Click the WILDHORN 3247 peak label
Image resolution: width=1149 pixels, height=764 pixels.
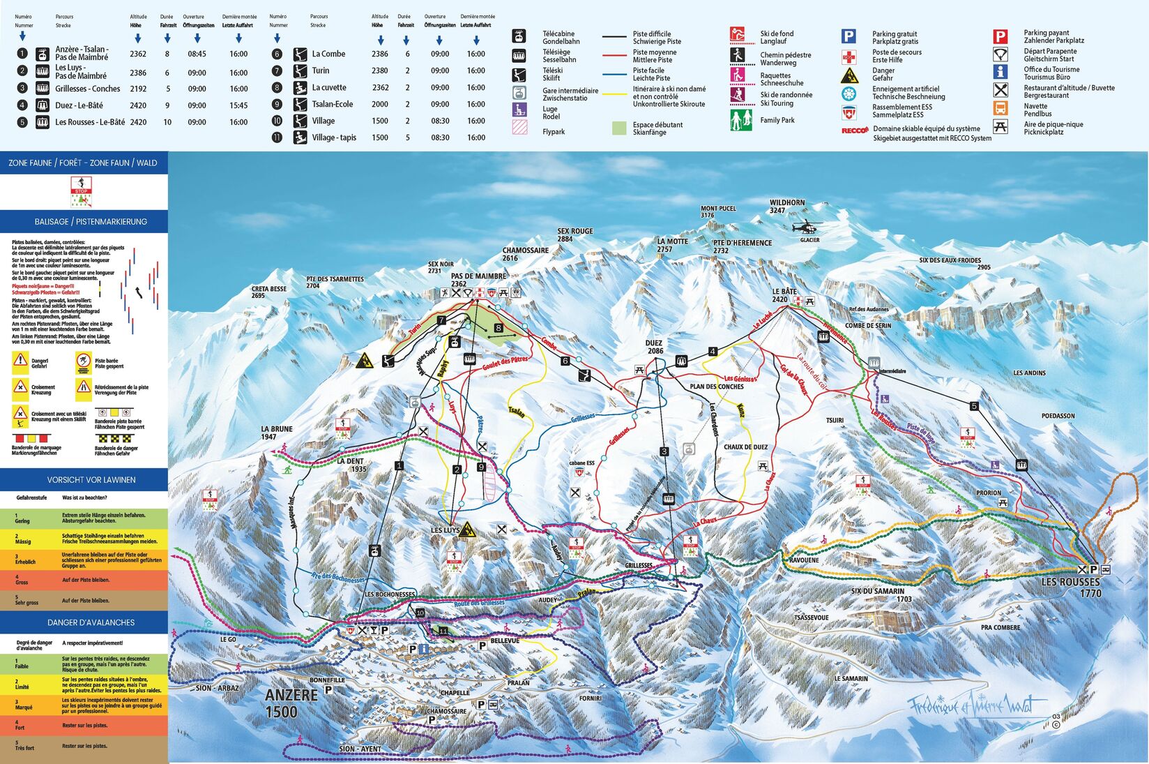point(786,206)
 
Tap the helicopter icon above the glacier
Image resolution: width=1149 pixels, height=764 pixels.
point(807,227)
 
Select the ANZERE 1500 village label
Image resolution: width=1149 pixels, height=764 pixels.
point(291,703)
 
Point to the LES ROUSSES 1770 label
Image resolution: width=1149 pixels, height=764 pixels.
point(1071,587)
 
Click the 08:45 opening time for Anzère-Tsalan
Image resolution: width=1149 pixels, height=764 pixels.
point(197,54)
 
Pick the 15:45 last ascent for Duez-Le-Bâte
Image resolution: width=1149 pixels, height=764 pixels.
point(238,105)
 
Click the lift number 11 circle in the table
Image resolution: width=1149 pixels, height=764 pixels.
point(277,137)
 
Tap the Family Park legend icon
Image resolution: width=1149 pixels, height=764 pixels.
point(740,120)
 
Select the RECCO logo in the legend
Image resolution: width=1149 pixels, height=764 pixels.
point(854,130)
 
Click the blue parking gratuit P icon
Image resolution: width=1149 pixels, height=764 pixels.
point(849,37)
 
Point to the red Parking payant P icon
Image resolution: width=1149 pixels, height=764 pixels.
point(1000,37)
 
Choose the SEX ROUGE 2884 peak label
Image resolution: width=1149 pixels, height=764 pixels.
point(575,235)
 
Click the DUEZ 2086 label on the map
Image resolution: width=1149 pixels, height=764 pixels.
point(654,347)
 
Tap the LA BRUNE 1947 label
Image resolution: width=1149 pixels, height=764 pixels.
point(277,433)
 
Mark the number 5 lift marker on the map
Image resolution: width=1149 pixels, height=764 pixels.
point(974,406)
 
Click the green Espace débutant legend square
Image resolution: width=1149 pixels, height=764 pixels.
point(619,128)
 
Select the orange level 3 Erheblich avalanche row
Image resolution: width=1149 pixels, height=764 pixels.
point(84,560)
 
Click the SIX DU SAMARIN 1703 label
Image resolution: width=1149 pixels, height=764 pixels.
point(881,594)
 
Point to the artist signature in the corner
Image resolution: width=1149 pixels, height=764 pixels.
point(976,706)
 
